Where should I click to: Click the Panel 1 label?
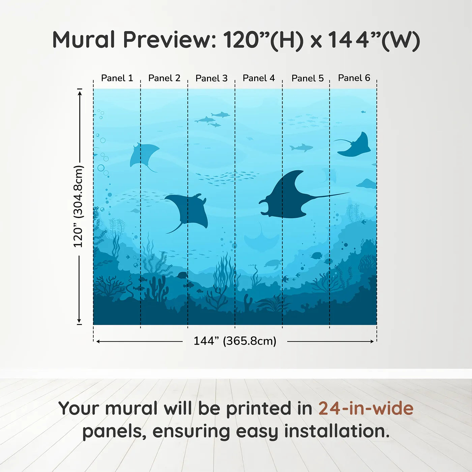[x=117, y=78]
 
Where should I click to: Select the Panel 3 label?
[x=211, y=78]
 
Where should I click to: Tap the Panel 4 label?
[x=259, y=78]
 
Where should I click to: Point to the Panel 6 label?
[x=354, y=78]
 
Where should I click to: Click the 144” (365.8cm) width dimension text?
[x=235, y=341]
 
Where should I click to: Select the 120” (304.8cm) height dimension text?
[x=78, y=206]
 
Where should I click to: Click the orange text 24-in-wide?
[x=366, y=408]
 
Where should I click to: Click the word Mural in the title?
[x=84, y=40]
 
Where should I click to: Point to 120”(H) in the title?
[x=263, y=40]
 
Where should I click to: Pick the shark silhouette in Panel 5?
[x=301, y=148]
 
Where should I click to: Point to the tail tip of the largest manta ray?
[x=349, y=193]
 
